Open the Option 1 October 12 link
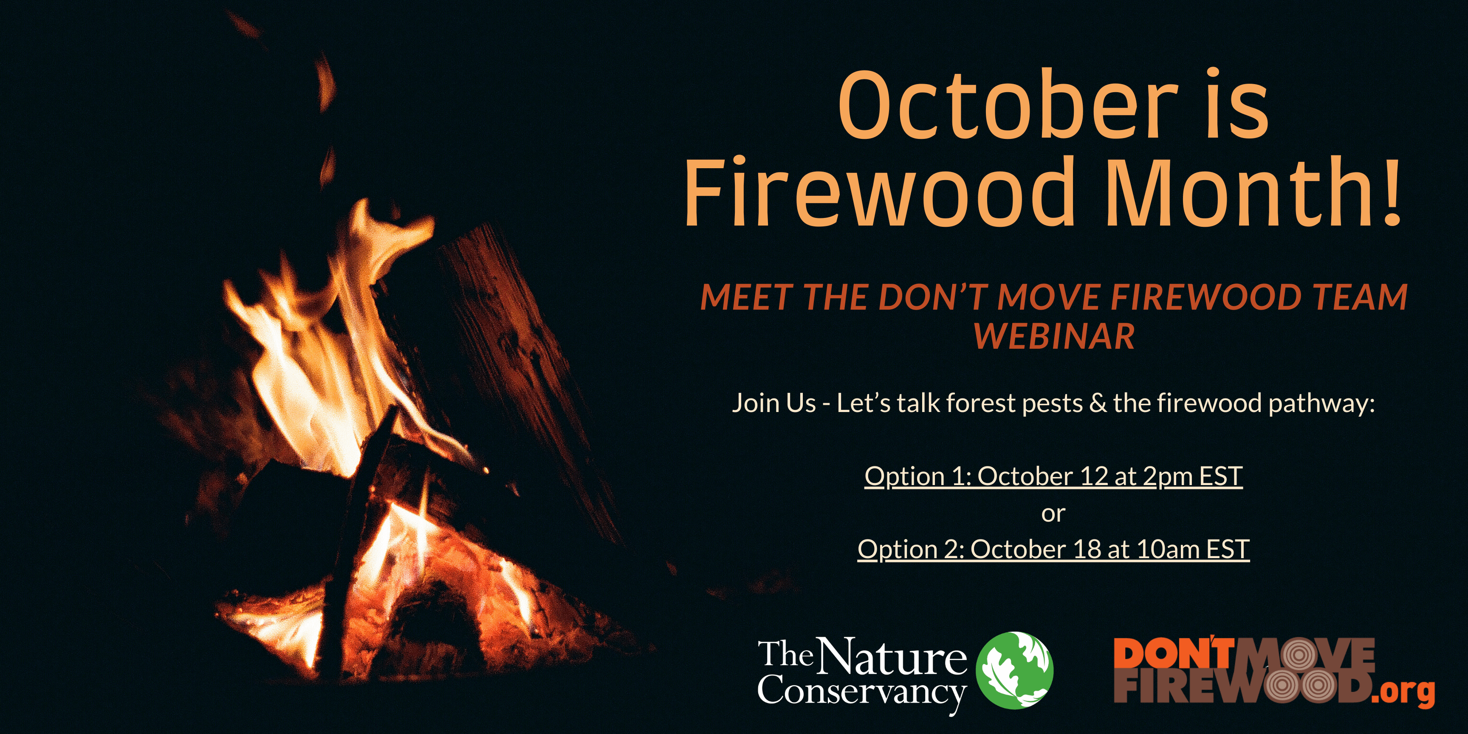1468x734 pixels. coord(1053,477)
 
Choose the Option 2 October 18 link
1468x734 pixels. coord(1053,549)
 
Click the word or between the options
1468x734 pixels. coord(1053,514)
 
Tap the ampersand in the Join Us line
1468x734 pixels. coord(1098,403)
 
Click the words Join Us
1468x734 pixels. coord(774,403)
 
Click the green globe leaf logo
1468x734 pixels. coord(1014,669)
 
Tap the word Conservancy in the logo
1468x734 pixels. coord(862,693)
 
